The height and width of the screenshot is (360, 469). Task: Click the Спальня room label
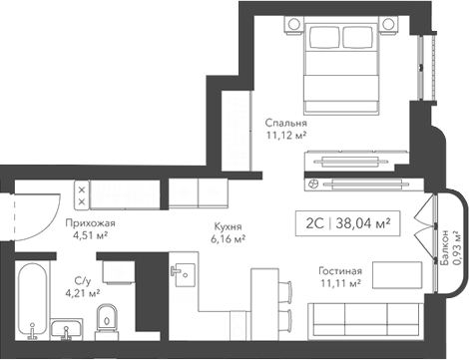(x=285, y=124)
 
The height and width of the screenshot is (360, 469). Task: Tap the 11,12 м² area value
(x=285, y=138)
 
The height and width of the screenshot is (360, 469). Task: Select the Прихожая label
(x=91, y=223)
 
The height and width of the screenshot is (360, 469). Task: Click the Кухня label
(x=229, y=225)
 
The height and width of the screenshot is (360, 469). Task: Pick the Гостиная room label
(x=340, y=270)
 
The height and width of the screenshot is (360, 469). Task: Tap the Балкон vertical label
(x=443, y=250)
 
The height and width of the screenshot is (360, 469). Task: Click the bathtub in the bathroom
(x=36, y=294)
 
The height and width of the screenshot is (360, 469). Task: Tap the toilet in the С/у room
(x=109, y=319)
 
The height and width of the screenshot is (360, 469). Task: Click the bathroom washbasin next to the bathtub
(x=71, y=330)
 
